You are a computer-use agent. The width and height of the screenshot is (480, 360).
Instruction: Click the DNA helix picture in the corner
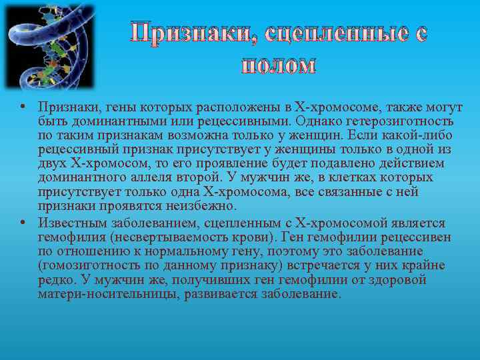click(x=50, y=46)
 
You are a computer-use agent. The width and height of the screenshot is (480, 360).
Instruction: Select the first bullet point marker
click(x=23, y=107)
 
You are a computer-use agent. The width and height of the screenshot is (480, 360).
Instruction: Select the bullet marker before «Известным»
click(x=23, y=222)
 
